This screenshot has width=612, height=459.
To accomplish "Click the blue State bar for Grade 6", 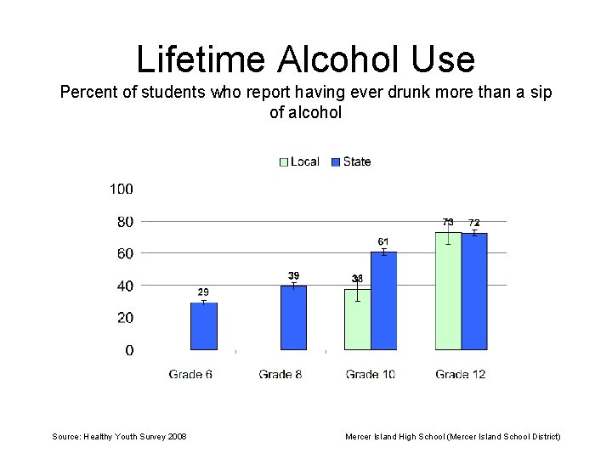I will click(x=203, y=326).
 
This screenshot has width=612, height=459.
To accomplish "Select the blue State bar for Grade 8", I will click(x=293, y=318).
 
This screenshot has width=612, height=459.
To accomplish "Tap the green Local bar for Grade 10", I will click(x=357, y=320).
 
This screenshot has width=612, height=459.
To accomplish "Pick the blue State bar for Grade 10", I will click(x=383, y=301).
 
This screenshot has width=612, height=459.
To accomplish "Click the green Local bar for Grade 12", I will click(x=448, y=291).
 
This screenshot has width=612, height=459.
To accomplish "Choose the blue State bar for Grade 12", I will click(x=474, y=292).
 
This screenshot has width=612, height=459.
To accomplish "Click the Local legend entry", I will click(x=300, y=161).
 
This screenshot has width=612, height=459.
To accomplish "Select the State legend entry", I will click(x=351, y=161).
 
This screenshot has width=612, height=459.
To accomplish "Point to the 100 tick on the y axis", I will click(x=121, y=189).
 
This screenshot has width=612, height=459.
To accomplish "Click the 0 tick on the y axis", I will click(x=128, y=350).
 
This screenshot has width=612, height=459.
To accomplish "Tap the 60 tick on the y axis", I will click(x=124, y=253).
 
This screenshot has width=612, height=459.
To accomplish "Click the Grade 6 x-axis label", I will click(x=190, y=374).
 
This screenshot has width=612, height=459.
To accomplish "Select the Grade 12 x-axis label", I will click(x=461, y=374).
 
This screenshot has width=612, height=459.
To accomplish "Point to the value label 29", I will click(x=203, y=292).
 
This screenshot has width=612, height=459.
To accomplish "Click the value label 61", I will click(x=383, y=242).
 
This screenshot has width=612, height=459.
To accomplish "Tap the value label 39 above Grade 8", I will click(x=293, y=275).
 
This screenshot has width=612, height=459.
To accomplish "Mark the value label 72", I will click(x=474, y=223).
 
